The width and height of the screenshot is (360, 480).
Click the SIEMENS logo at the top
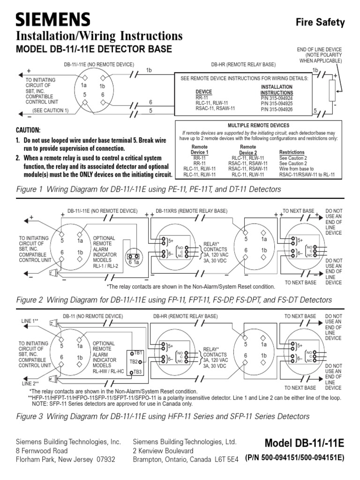point(53,19)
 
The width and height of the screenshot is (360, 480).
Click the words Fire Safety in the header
point(320,22)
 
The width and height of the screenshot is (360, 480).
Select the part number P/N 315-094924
point(277,98)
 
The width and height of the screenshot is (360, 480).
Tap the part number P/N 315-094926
point(277,109)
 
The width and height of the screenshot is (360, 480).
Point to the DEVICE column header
point(203,92)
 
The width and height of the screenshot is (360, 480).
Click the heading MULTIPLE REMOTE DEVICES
point(258,126)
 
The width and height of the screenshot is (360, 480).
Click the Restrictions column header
point(292,152)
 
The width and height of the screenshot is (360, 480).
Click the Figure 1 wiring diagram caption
point(148,189)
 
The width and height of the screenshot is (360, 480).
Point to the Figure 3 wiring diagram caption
point(163,416)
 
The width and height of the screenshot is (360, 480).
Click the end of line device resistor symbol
point(332,90)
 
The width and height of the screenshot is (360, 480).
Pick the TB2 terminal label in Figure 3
point(134,362)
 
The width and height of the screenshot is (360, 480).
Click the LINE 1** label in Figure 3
point(30,321)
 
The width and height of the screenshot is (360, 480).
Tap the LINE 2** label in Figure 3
point(30,383)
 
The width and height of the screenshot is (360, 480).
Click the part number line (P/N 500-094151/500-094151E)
point(294,458)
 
